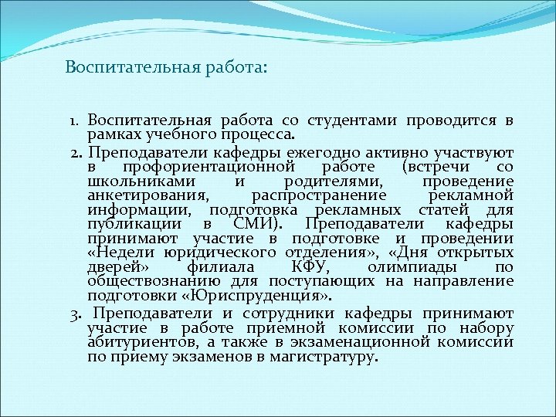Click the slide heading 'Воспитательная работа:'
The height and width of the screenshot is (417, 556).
[x=166, y=68]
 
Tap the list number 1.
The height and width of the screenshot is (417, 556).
[x=75, y=121]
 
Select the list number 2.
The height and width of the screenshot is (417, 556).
[x=75, y=153]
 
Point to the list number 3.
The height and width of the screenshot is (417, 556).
[x=75, y=313]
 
